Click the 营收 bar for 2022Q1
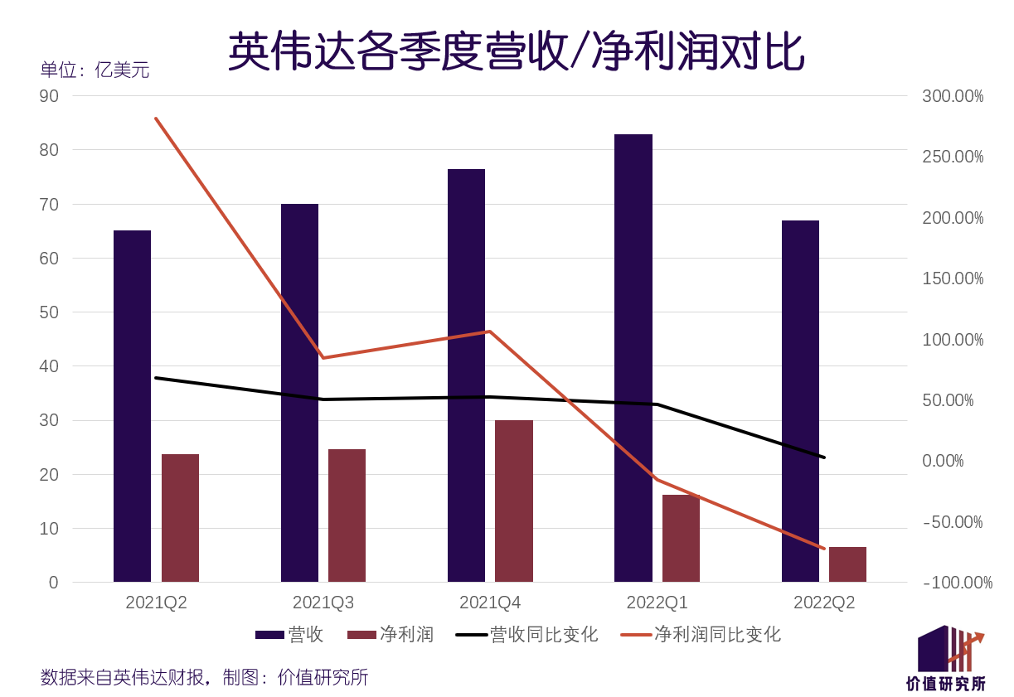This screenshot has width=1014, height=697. tap(633, 358)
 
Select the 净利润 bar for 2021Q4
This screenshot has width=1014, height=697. tap(513, 501)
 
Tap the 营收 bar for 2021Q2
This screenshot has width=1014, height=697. tap(132, 406)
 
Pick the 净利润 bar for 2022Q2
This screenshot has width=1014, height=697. tap(847, 564)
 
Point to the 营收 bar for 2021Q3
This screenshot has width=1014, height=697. tap(299, 393)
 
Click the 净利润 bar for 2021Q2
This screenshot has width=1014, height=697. tap(180, 518)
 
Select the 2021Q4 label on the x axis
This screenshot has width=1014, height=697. tap(490, 603)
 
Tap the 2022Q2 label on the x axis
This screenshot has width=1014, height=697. tap(824, 603)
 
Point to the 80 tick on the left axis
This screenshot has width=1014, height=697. tap(49, 150)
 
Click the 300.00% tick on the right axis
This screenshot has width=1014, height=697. tap(953, 96)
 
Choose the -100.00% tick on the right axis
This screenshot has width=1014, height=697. tap(957, 583)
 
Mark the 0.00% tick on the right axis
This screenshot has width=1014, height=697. tap(943, 461)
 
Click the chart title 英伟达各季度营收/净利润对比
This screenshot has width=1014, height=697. tap(515, 51)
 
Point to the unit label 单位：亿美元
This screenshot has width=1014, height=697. tap(95, 70)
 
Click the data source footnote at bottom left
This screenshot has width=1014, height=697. tap(204, 677)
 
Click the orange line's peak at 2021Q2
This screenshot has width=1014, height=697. tap(156, 119)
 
